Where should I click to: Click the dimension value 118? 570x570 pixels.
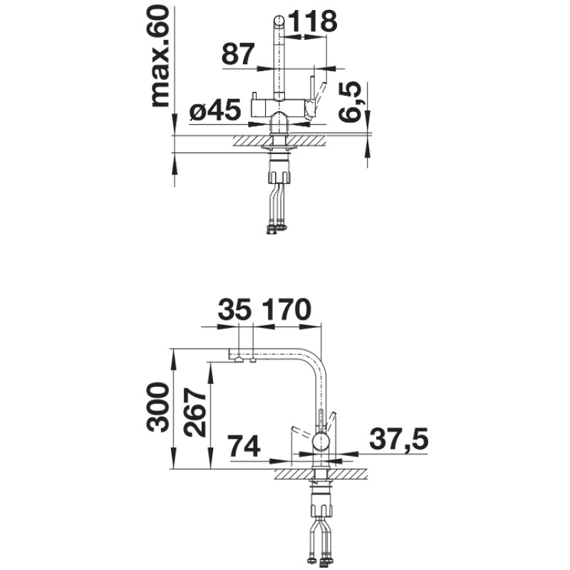click(313, 21)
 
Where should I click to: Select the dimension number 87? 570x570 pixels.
click(238, 54)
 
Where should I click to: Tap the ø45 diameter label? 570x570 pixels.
click(215, 110)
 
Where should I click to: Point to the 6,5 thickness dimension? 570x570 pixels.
click(350, 102)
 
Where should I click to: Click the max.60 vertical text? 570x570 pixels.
click(159, 57)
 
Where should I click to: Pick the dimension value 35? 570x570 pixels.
click(235, 309)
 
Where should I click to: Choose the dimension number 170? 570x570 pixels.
click(286, 309)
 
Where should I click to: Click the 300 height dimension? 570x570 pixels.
click(157, 407)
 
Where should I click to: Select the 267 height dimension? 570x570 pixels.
click(194, 413)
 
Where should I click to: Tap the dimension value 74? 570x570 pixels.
click(244, 446)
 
